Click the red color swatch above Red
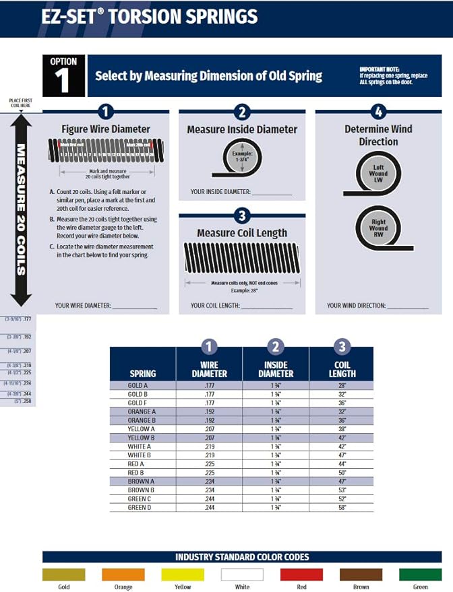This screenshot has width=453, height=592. (x=301, y=574)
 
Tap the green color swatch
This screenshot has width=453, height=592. (x=420, y=574)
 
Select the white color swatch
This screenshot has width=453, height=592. (x=242, y=574)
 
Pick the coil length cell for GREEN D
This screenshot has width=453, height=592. (x=342, y=507)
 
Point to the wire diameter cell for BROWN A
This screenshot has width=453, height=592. (x=209, y=481)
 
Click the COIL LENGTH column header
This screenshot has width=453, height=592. (x=342, y=369)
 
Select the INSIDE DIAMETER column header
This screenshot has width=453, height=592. (x=276, y=369)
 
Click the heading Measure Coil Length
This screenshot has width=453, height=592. (x=242, y=233)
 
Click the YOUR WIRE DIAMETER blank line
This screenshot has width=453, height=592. (x=135, y=307)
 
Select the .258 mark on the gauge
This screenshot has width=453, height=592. (x=27, y=401)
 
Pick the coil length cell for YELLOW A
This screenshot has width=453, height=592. (x=342, y=429)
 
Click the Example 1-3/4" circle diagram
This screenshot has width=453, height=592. (x=241, y=157)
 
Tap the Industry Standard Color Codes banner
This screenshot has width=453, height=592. (x=242, y=557)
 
